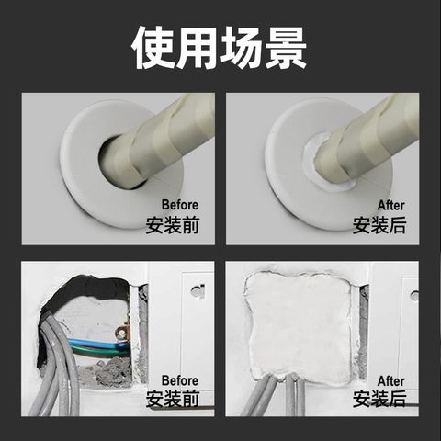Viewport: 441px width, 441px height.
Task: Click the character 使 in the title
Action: click(153, 48)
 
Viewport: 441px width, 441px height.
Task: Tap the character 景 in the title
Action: click(286, 48)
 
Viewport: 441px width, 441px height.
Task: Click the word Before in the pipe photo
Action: click(180, 205)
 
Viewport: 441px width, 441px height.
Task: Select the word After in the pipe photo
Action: click(391, 205)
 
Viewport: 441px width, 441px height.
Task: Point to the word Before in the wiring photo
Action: click(180, 380)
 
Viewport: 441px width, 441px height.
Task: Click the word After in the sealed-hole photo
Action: click(391, 381)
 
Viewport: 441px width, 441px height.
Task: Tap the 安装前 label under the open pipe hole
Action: click(173, 225)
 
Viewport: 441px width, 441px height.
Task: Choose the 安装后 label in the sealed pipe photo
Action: click(379, 225)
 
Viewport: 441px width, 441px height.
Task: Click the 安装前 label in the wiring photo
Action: click(173, 399)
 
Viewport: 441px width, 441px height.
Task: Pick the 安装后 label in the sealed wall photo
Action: click(379, 399)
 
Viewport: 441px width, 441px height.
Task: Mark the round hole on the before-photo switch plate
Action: click(198, 290)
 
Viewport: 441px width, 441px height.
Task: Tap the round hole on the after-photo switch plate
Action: click(414, 295)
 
